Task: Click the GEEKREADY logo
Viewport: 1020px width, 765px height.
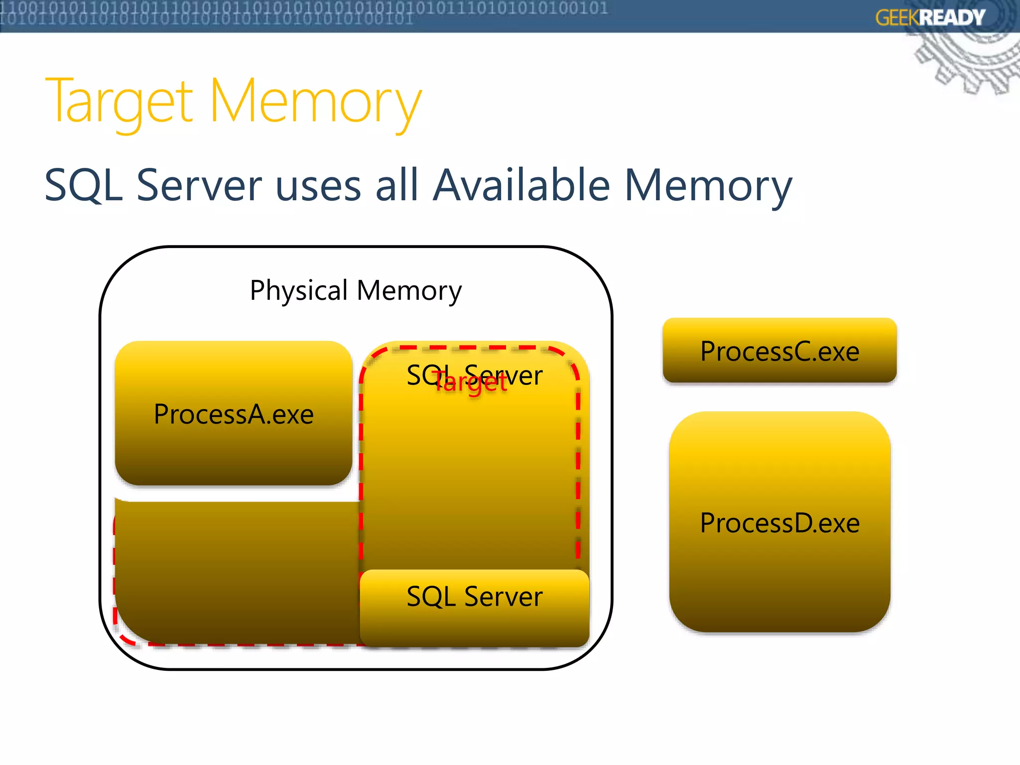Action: [x=930, y=18]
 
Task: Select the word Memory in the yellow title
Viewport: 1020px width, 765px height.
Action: [x=316, y=102]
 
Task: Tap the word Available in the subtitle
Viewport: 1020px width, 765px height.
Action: [x=521, y=185]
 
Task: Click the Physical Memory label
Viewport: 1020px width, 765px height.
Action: [x=356, y=290]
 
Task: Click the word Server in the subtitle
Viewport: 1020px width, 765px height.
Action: [x=199, y=185]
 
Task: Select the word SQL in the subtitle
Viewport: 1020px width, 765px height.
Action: [x=84, y=185]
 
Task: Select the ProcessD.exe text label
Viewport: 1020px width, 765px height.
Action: [x=779, y=523]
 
